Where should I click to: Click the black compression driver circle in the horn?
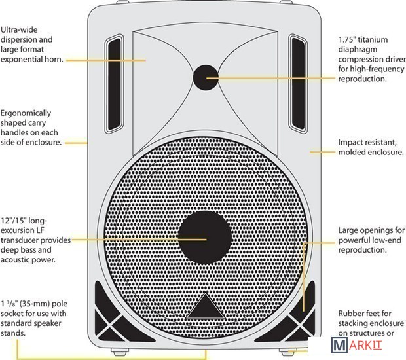pos(207,77)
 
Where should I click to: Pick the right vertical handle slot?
pos(299,83)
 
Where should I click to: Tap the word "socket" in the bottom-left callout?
pos(14,314)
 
